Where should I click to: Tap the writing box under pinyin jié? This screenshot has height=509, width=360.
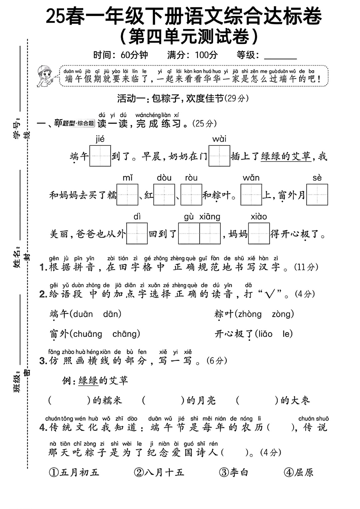click(x=100, y=156)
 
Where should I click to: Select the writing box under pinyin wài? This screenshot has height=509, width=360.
click(x=219, y=156)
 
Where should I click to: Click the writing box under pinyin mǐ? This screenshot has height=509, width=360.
click(x=127, y=195)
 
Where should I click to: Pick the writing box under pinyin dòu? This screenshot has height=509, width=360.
click(x=164, y=195)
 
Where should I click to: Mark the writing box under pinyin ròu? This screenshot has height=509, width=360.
click(x=191, y=195)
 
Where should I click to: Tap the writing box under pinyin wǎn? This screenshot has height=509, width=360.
click(x=251, y=195)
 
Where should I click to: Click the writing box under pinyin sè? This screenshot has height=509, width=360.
click(x=317, y=195)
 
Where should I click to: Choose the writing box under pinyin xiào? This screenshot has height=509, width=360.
click(x=259, y=233)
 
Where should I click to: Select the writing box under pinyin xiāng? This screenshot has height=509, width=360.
click(x=210, y=233)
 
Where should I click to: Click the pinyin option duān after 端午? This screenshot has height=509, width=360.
click(x=83, y=314)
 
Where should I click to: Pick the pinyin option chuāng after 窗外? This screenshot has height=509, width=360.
click(x=88, y=334)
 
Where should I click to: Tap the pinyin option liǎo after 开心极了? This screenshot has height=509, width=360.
click(x=264, y=334)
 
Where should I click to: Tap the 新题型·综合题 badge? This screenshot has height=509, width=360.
click(x=74, y=123)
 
